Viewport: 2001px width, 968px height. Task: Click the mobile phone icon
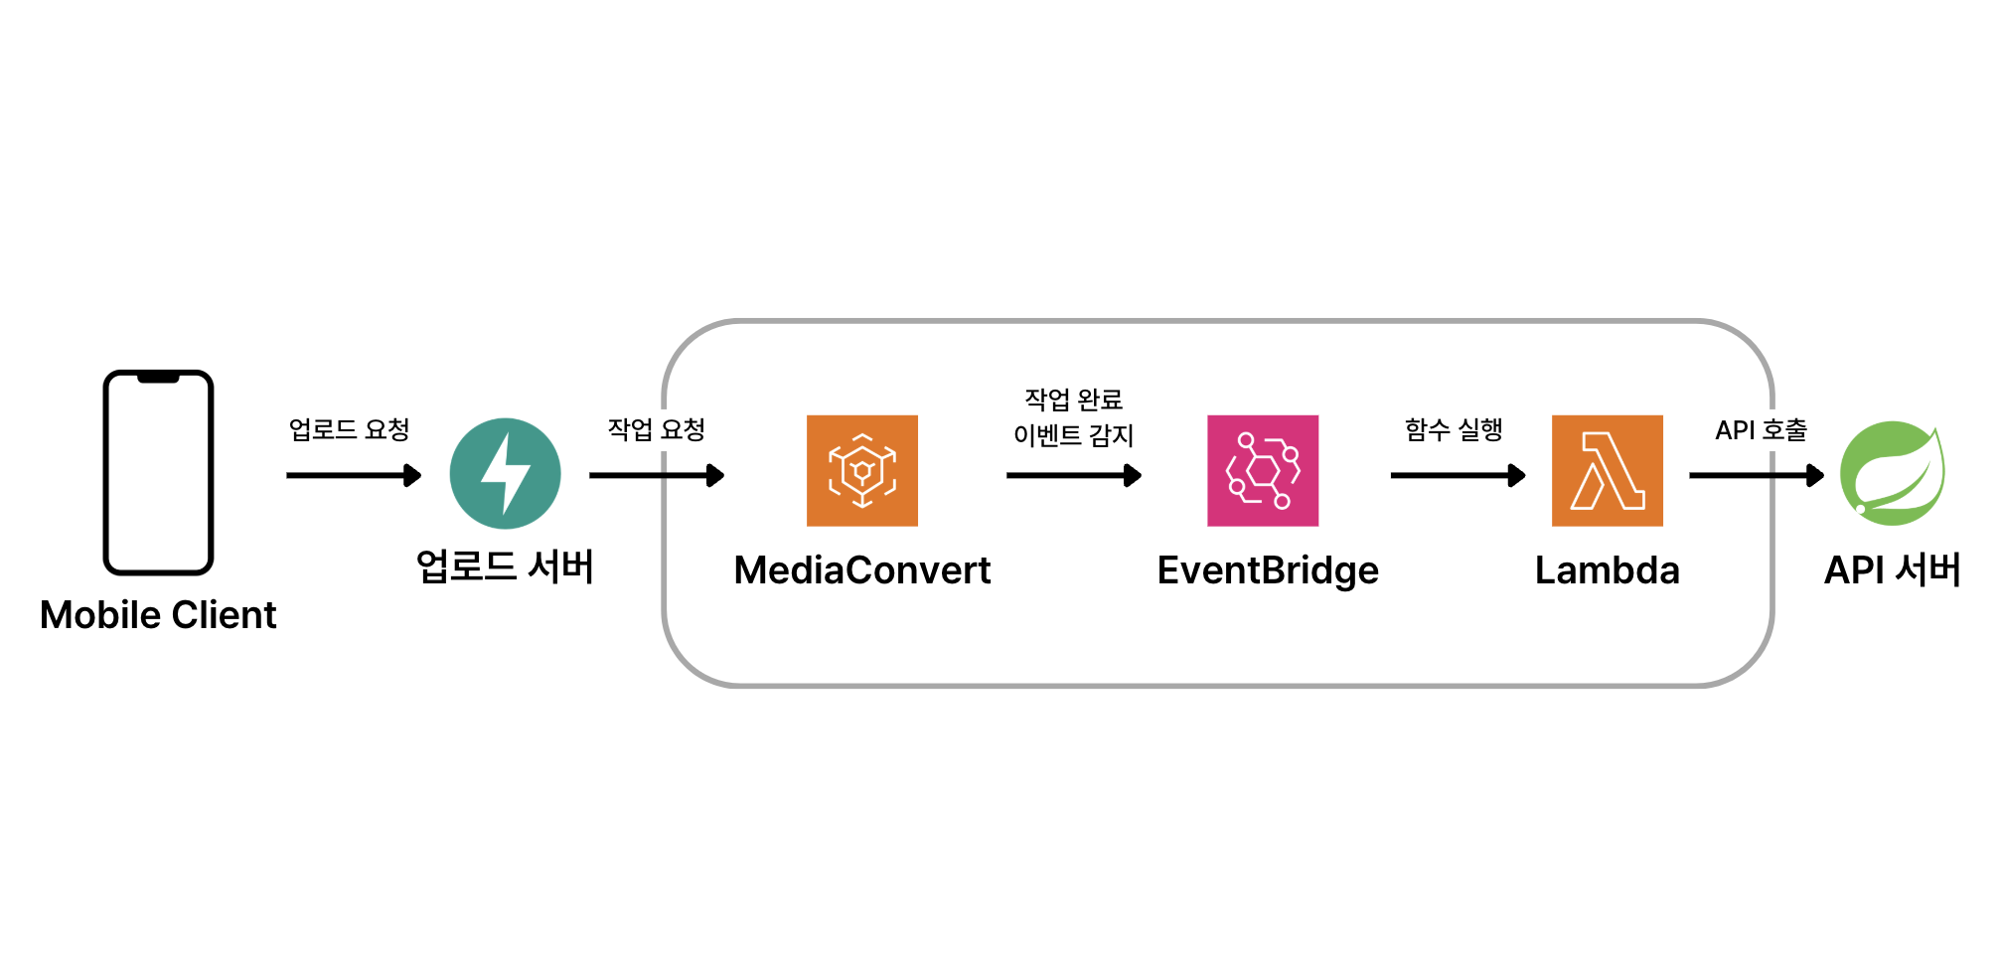pos(158,473)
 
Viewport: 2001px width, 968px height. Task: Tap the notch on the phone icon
pos(158,378)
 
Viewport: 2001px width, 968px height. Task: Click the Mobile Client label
pos(158,615)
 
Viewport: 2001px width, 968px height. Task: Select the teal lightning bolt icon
pos(505,474)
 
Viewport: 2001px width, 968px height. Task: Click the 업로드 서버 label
pos(505,567)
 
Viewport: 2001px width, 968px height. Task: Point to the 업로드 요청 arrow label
pos(349,429)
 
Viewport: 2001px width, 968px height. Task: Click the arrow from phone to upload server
pos(353,476)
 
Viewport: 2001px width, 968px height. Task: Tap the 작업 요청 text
pos(657,429)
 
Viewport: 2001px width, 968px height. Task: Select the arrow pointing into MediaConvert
pos(656,476)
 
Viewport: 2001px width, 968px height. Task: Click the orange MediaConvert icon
pos(861,470)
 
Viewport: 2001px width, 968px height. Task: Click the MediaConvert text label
pos(861,570)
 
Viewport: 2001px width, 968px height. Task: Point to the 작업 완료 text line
pos(1073,400)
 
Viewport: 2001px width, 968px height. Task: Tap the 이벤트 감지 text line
pos(1073,435)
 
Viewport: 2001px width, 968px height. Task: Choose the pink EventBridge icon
pos(1262,470)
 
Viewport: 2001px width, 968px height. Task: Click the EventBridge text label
pos(1268,570)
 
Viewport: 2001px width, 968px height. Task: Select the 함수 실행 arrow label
pos(1453,429)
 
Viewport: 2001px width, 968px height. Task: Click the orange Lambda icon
pos(1607,470)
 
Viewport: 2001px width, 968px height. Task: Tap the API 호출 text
pos(1761,429)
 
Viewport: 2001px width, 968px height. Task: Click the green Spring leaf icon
pos(1892,473)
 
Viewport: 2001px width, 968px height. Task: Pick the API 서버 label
pos(1892,570)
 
